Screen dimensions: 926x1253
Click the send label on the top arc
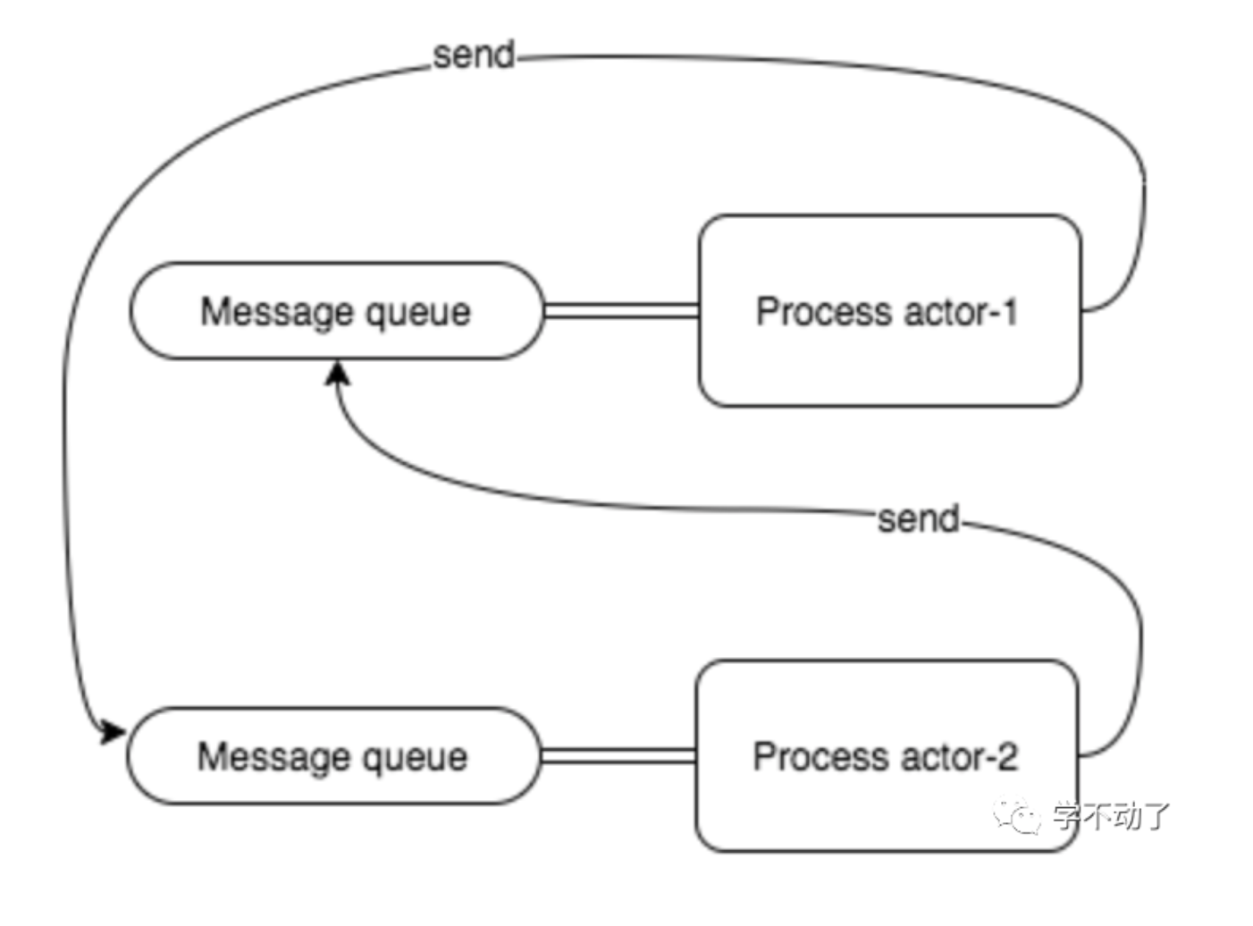click(474, 55)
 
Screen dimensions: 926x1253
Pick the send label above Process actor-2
click(918, 519)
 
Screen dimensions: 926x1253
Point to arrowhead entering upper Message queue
click(338, 374)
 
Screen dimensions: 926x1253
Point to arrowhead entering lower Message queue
click(112, 732)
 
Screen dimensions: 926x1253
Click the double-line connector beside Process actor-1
click(621, 311)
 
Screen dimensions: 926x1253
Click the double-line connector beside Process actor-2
click(618, 756)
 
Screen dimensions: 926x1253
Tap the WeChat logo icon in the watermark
click(1017, 815)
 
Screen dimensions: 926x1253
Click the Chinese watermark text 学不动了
click(1111, 815)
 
